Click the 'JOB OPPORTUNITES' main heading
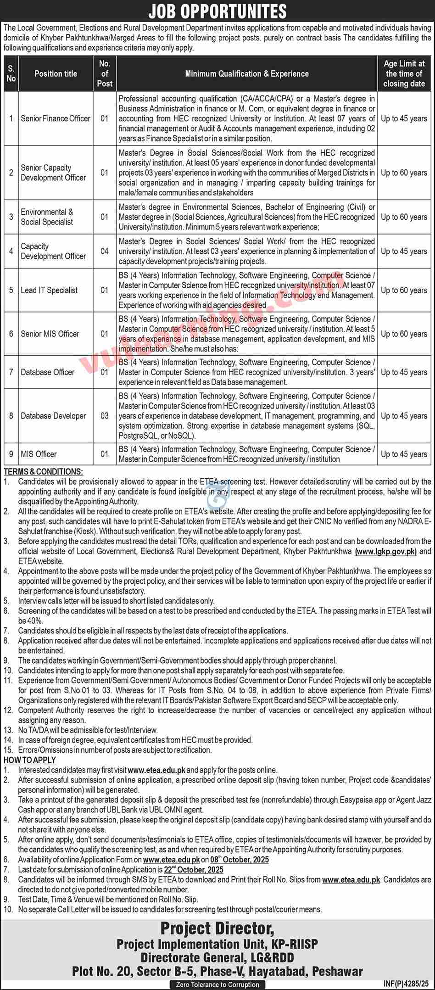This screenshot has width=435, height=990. click(x=217, y=11)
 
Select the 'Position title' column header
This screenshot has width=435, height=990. click(x=56, y=73)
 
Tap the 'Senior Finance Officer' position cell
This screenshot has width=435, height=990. click(x=56, y=118)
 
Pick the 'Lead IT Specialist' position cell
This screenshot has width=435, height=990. click(x=49, y=290)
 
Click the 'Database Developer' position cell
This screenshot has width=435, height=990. click(x=53, y=416)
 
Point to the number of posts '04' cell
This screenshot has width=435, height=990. click(x=105, y=251)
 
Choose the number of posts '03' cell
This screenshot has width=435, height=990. click(x=105, y=416)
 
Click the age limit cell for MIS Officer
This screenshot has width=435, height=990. click(x=404, y=454)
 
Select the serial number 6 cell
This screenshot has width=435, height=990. click(x=11, y=334)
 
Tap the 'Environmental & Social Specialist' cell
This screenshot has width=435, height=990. click(x=47, y=217)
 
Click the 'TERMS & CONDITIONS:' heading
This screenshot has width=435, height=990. click(x=44, y=472)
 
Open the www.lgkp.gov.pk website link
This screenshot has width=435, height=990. click(x=385, y=551)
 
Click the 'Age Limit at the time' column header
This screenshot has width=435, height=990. click(x=404, y=73)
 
